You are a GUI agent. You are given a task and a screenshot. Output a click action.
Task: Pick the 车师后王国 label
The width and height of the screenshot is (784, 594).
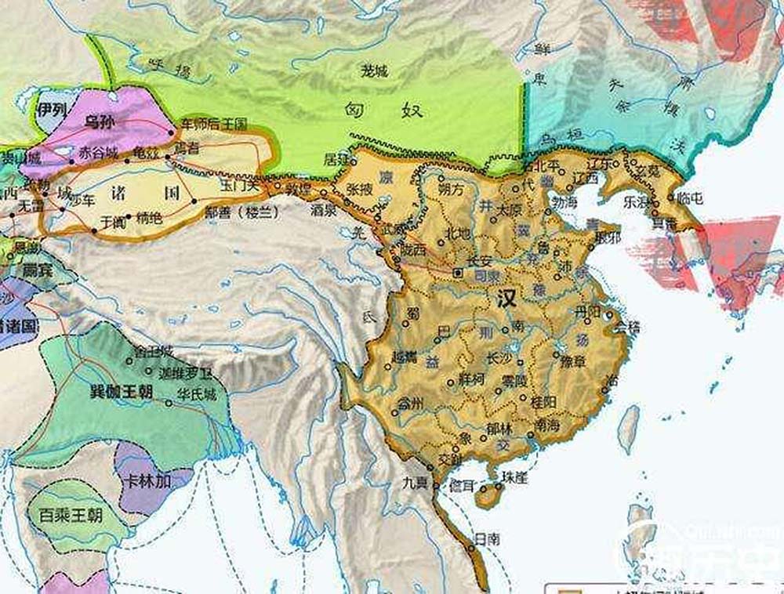tap(213, 124)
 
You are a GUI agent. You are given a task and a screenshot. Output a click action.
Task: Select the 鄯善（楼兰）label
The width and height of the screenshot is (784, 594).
tap(238, 211)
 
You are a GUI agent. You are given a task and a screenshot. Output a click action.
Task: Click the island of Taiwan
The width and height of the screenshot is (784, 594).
tap(628, 427)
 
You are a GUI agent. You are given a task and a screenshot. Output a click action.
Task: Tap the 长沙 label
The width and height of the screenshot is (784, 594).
tap(501, 357)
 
